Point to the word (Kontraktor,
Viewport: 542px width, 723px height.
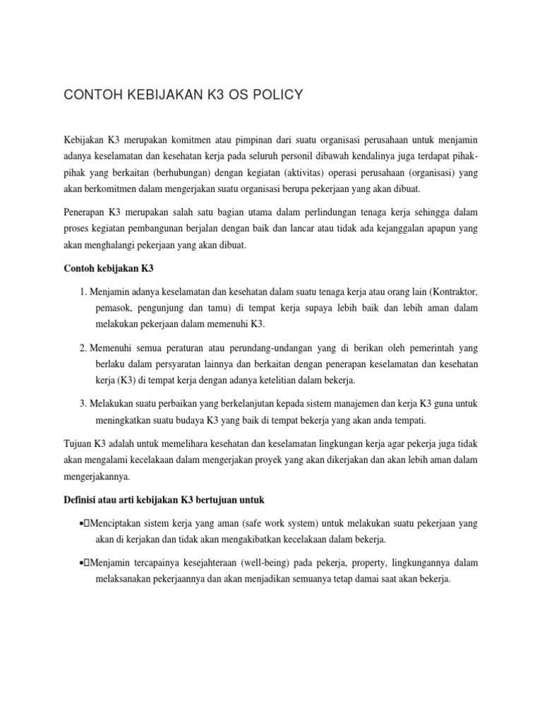447,292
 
